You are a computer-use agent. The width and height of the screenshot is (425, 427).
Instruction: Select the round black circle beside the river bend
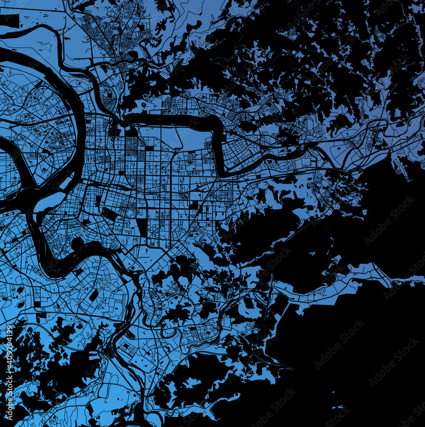click(77, 244)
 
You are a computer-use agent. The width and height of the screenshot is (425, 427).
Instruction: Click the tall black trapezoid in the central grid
click(142, 227)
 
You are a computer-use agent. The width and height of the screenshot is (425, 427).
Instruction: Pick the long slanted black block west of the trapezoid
click(109, 214)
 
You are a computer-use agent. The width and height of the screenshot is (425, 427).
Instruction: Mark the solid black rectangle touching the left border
click(10, 20)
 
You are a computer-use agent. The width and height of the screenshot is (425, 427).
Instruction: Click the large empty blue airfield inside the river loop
click(180, 139)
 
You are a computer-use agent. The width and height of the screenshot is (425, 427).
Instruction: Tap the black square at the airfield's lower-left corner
click(150, 149)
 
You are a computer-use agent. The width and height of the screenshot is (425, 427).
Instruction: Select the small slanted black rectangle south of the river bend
click(94, 295)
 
